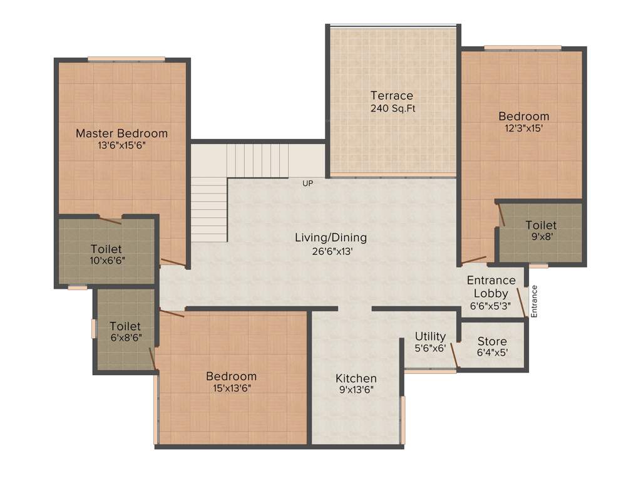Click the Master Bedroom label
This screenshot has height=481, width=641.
pyautogui.click(x=121, y=133)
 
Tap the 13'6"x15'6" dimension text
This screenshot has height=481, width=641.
pyautogui.click(x=121, y=145)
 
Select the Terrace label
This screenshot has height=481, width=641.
pyautogui.click(x=392, y=96)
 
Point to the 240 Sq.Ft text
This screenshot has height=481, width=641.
pyautogui.click(x=392, y=108)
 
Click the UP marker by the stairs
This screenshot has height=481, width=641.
pyautogui.click(x=307, y=184)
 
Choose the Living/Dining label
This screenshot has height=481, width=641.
pyautogui.click(x=331, y=238)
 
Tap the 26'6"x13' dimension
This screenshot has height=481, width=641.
pyautogui.click(x=331, y=250)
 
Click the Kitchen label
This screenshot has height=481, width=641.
pyautogui.click(x=356, y=378)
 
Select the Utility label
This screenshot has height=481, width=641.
pyautogui.click(x=431, y=337)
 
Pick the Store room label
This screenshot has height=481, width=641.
pyautogui.click(x=492, y=341)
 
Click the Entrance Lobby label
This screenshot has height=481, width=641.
pyautogui.click(x=491, y=286)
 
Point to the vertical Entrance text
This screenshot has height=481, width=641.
pyautogui.click(x=534, y=302)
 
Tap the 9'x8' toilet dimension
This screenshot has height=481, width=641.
pyautogui.click(x=541, y=237)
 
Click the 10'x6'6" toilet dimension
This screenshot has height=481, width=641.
pyautogui.click(x=106, y=261)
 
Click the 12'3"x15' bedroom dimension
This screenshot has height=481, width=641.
pyautogui.click(x=523, y=128)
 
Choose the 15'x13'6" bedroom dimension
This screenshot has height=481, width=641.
pyautogui.click(x=231, y=388)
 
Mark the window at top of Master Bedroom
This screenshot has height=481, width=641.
pyautogui.click(x=126, y=59)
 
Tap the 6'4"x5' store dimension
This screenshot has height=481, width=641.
pyautogui.click(x=492, y=353)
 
